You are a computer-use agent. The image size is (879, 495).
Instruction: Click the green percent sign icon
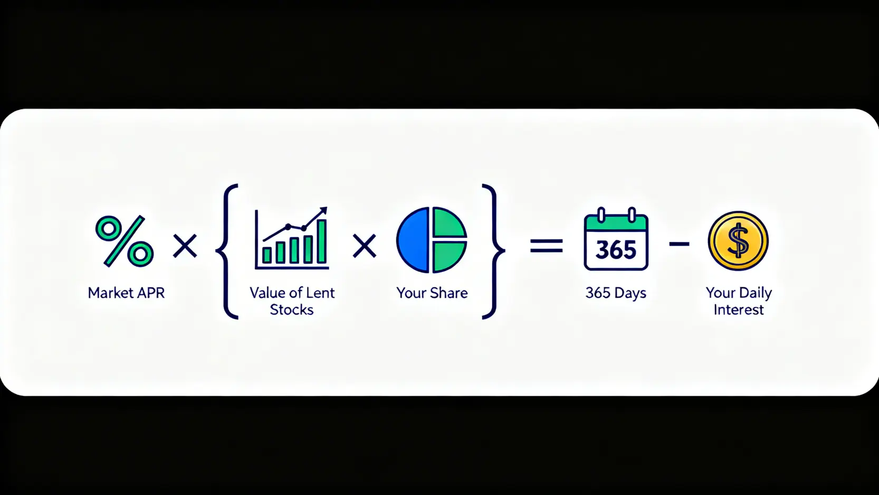point(125,241)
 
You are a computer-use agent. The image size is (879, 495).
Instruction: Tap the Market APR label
point(126,293)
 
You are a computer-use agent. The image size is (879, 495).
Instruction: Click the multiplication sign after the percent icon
point(185,246)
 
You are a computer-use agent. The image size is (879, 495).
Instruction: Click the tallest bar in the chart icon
point(322,241)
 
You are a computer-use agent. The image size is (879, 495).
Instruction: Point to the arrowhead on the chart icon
point(323,211)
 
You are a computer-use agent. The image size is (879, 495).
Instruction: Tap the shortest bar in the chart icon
point(267,255)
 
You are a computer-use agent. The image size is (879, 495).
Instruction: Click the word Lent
point(321,293)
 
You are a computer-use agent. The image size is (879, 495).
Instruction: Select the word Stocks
point(292,310)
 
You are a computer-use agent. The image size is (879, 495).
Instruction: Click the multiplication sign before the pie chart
point(365,246)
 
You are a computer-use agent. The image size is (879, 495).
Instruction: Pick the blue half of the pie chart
point(412,240)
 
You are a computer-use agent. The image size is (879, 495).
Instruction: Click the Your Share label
point(432,293)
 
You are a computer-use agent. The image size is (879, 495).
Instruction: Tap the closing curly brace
point(492,251)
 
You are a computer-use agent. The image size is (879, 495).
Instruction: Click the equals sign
point(547,246)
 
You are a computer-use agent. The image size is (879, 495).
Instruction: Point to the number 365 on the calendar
point(616,250)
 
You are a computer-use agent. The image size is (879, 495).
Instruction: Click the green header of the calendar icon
point(616,223)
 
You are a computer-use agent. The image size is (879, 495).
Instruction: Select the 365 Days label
point(616,293)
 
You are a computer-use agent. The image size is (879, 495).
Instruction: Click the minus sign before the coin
point(679,245)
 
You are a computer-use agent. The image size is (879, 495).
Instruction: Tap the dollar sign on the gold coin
point(738,241)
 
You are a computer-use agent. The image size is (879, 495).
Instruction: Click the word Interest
point(739,310)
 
